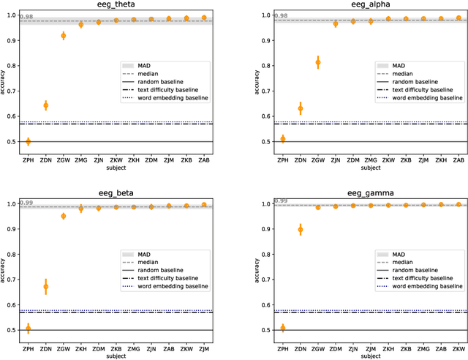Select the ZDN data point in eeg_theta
click(x=45, y=105)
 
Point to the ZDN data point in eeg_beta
click(x=45, y=288)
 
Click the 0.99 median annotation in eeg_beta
click(x=26, y=203)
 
